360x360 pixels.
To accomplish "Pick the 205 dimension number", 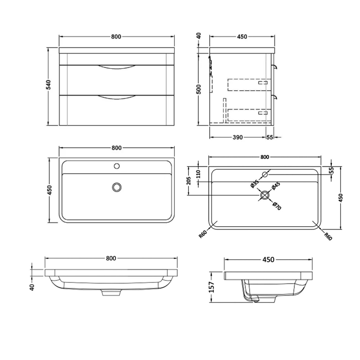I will click(x=189, y=181).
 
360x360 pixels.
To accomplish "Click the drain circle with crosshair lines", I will click(x=265, y=195).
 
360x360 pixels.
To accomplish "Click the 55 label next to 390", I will click(x=270, y=137).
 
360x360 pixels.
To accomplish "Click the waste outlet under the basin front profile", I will click(x=111, y=292).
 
